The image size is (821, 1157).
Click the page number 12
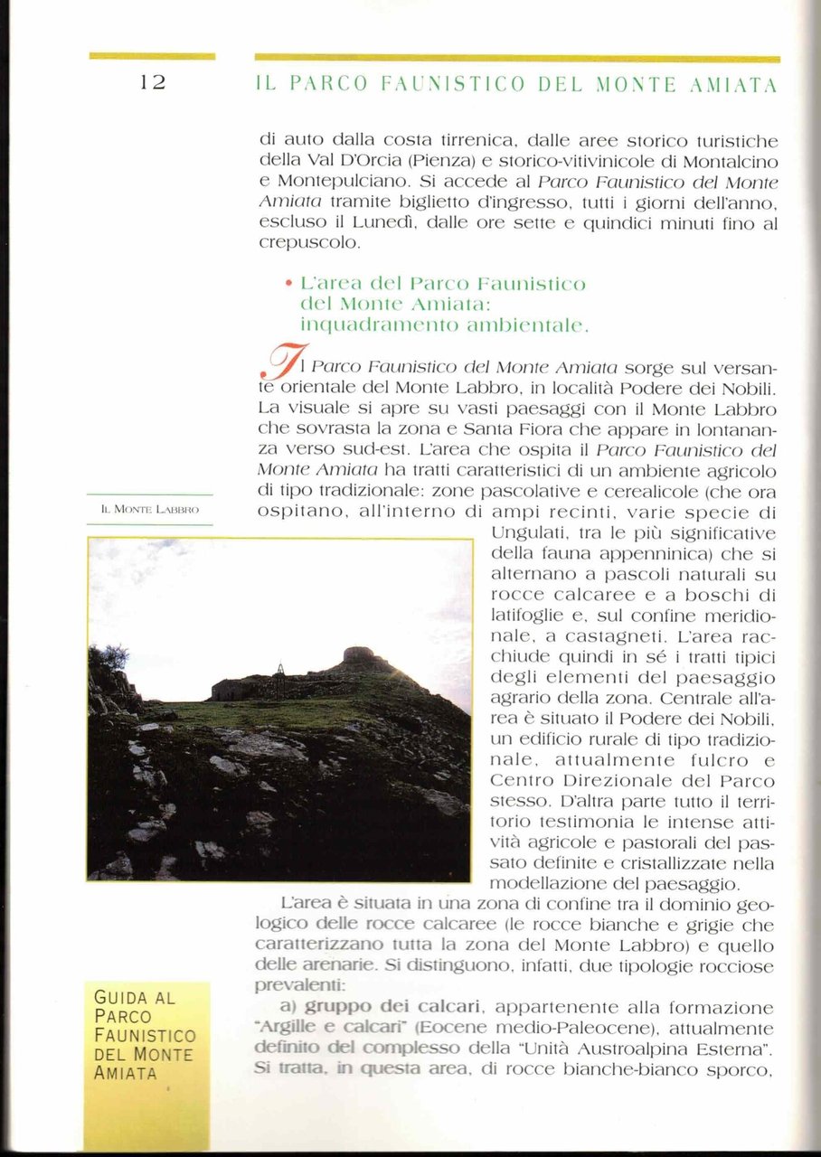click(x=152, y=82)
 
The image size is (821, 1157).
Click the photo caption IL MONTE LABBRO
click(x=150, y=511)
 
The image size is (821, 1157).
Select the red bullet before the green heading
click(x=288, y=284)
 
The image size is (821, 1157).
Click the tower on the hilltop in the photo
click(x=357, y=655)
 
